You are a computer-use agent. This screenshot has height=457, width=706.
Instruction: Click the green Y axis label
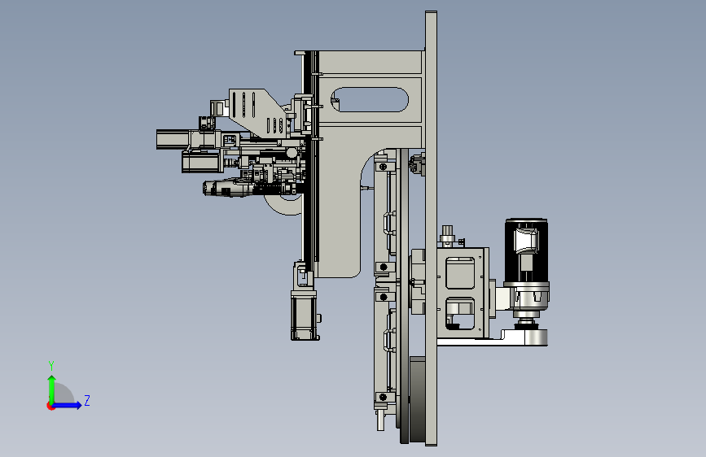click(x=51, y=366)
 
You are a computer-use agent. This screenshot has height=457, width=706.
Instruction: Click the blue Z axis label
click(x=87, y=400)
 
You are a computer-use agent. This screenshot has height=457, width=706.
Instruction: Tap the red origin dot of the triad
click(x=50, y=406)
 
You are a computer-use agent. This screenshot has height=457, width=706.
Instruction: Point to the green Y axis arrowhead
click(x=52, y=379)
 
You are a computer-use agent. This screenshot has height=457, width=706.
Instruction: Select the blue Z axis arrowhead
click(x=78, y=405)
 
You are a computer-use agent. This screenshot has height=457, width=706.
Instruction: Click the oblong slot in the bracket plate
click(x=370, y=99)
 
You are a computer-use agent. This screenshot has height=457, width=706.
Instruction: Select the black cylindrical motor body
click(x=526, y=250)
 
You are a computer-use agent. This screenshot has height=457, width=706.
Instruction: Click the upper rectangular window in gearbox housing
click(x=460, y=273)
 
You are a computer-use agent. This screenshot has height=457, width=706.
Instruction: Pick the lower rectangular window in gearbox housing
click(x=460, y=313)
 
